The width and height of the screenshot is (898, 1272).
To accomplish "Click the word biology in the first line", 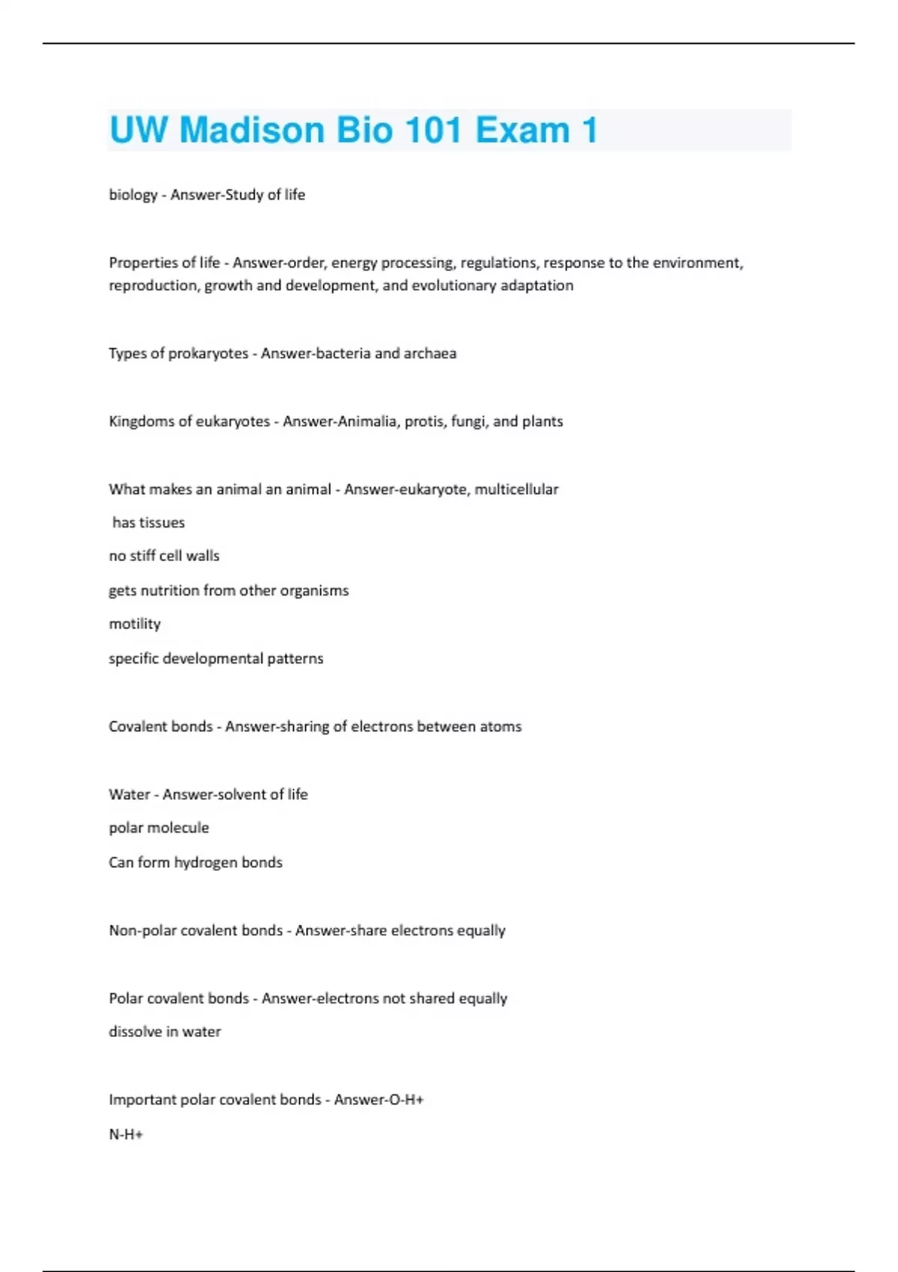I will pyautogui.click(x=133, y=195).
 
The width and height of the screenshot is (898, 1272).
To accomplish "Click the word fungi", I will pyautogui.click(x=468, y=421).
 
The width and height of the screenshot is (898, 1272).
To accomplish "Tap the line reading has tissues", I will pyautogui.click(x=148, y=523).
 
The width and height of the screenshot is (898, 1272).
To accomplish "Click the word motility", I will pyautogui.click(x=135, y=624).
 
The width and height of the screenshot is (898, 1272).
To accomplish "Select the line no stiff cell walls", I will pyautogui.click(x=164, y=556).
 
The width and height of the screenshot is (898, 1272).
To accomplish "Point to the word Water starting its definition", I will pyautogui.click(x=129, y=795).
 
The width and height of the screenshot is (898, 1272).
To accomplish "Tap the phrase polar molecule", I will pyautogui.click(x=159, y=828).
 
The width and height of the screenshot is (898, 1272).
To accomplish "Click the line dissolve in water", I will pyautogui.click(x=165, y=1032).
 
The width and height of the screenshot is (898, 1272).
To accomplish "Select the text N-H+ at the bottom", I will pyautogui.click(x=126, y=1134).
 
